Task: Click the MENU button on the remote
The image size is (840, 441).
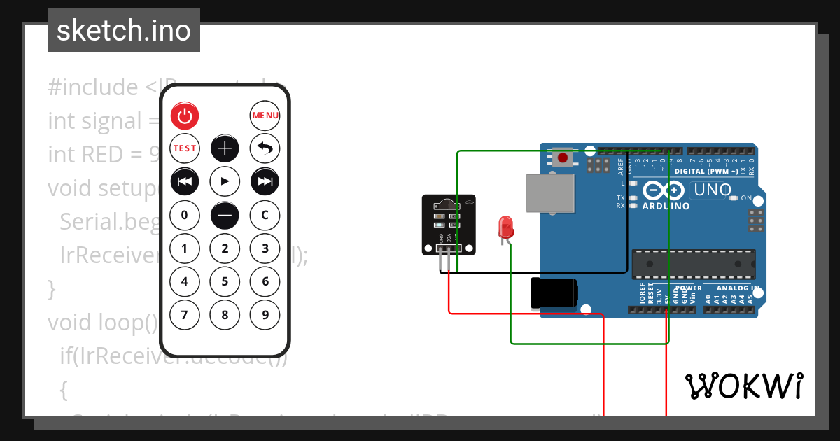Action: coord(265,115)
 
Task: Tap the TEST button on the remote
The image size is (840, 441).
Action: coord(185,148)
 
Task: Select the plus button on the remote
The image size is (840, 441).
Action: coord(225,148)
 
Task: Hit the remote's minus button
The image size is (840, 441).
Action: coord(225,215)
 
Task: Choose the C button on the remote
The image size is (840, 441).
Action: coord(265,215)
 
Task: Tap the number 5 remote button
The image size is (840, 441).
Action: coord(225,281)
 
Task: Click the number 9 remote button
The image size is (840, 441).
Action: coord(265,315)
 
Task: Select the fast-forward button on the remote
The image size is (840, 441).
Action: coord(265,181)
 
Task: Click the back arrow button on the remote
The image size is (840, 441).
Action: coord(265,148)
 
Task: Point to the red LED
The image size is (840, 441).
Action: coord(505,227)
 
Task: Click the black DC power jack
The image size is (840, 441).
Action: coord(554,293)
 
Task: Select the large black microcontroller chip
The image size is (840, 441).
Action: coord(694,263)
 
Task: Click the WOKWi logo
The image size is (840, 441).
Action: coord(744,386)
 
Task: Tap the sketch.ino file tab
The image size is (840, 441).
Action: coord(124,31)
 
